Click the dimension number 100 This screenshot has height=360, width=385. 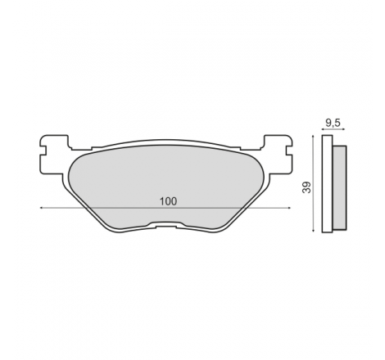168,201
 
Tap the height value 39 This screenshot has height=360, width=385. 307,187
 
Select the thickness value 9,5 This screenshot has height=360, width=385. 333,124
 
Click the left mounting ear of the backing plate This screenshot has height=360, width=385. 54,154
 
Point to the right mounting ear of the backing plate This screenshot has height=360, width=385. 278,154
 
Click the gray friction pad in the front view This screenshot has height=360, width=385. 165,186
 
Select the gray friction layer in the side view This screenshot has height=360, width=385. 339,187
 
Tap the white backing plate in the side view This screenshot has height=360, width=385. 327,184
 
